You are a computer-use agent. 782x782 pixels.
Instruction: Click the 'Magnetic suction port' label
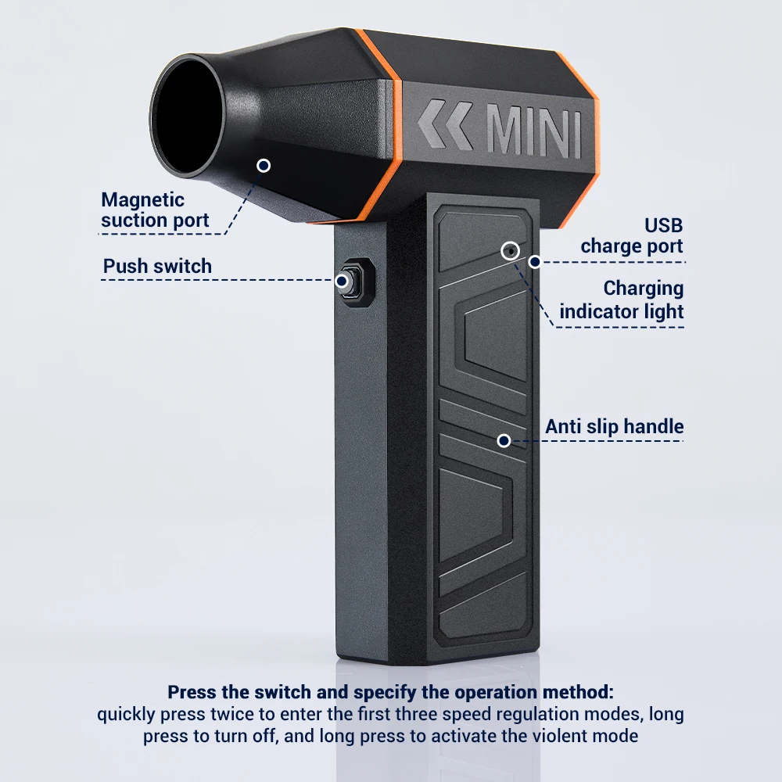click(x=155, y=210)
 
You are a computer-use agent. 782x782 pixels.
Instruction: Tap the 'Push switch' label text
click(x=157, y=266)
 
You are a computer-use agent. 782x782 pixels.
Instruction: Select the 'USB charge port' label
click(x=631, y=235)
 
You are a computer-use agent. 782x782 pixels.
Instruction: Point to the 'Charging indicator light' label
click(x=621, y=300)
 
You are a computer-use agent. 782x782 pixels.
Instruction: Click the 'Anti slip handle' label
click(x=614, y=427)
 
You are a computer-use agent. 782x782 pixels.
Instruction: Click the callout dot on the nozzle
click(x=264, y=165)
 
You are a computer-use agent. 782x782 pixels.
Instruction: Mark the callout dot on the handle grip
click(x=504, y=441)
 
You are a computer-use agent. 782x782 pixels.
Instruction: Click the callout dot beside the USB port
click(x=534, y=261)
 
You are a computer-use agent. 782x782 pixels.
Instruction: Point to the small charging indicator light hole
click(x=510, y=250)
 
